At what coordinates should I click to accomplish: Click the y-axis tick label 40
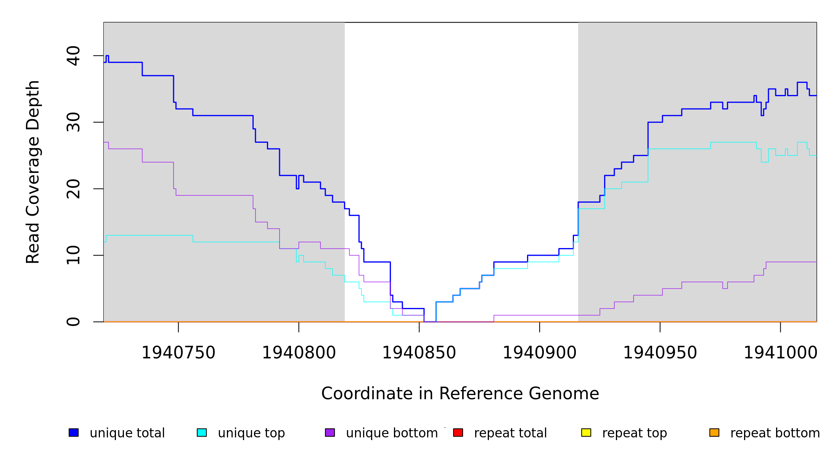(73, 56)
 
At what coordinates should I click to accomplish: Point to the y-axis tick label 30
(73, 122)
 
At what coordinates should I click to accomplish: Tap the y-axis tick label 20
(73, 189)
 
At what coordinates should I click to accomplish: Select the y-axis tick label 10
(73, 255)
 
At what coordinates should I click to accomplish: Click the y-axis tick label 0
(73, 322)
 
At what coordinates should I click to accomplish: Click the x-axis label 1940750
(178, 353)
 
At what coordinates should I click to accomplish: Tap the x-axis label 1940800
(299, 353)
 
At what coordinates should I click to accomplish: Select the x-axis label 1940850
(419, 353)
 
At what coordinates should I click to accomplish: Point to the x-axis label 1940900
(540, 353)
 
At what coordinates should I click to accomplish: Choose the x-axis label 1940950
(660, 353)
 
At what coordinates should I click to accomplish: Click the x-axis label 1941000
(781, 353)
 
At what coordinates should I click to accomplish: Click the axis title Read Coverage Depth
(33, 172)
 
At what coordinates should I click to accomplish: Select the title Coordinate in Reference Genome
(460, 393)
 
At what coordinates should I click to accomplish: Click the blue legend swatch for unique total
(74, 432)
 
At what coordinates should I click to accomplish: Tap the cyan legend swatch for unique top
(202, 432)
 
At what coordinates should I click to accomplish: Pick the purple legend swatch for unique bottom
(330, 432)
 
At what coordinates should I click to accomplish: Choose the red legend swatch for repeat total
(458, 432)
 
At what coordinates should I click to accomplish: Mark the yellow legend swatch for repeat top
(586, 432)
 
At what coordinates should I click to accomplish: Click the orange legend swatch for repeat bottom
(714, 432)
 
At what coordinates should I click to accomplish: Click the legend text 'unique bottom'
(392, 433)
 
